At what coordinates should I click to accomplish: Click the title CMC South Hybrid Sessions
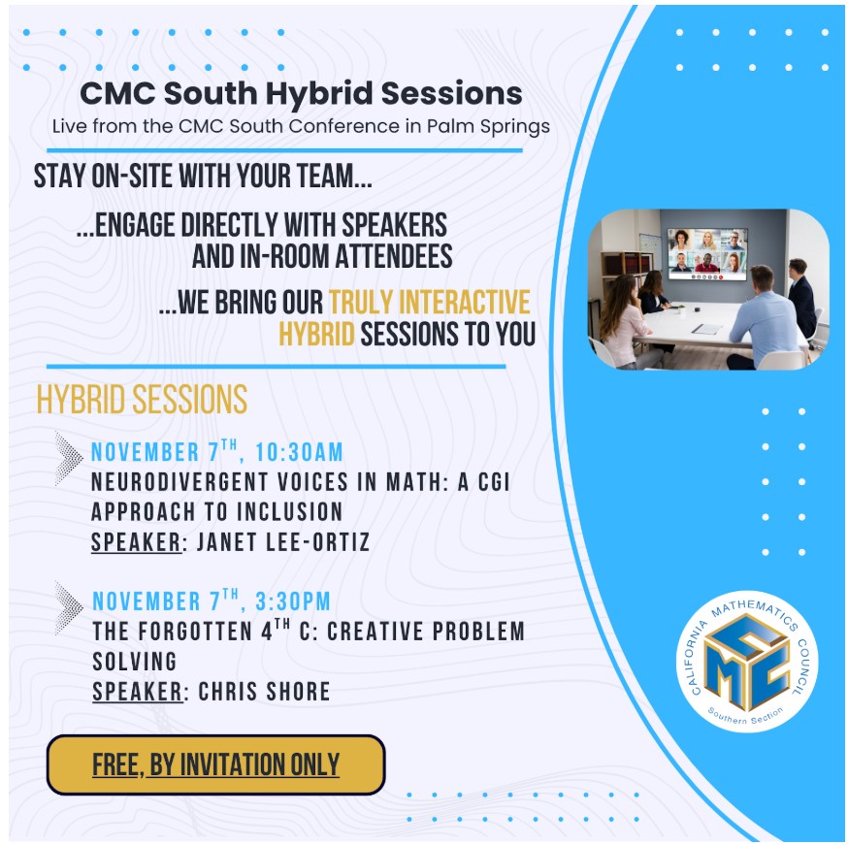301,95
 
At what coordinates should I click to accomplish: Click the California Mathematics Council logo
747,661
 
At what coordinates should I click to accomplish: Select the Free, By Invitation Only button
215,764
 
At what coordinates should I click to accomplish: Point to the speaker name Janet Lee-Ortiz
283,542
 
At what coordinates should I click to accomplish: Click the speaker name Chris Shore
264,692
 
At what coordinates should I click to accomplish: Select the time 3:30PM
294,601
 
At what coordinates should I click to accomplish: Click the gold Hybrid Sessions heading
142,400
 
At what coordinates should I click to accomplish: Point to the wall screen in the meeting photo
707,253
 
